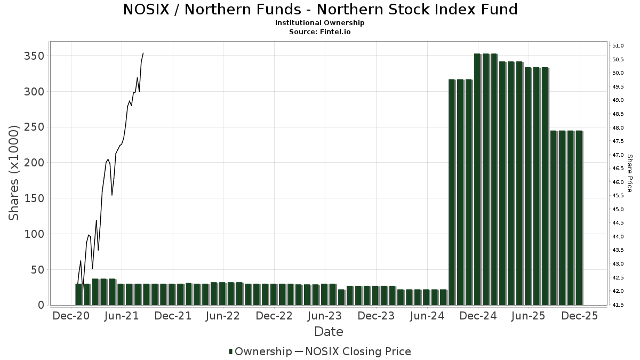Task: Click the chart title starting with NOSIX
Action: (x=320, y=10)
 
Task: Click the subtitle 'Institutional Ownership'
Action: (x=320, y=23)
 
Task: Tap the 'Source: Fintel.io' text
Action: (x=320, y=31)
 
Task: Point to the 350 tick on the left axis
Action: (x=34, y=56)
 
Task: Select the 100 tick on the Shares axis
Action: (x=34, y=234)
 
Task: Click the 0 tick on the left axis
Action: (x=40, y=305)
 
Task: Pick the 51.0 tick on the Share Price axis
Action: (x=619, y=45)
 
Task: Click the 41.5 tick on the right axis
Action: (x=619, y=305)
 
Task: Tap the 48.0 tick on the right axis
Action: (x=619, y=128)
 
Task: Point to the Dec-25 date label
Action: (x=579, y=316)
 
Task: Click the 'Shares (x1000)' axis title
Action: (x=14, y=173)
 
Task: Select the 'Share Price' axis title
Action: (x=629, y=173)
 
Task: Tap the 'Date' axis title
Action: (x=329, y=332)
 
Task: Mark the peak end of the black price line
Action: (x=143, y=53)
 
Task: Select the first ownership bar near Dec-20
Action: (x=78, y=294)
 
